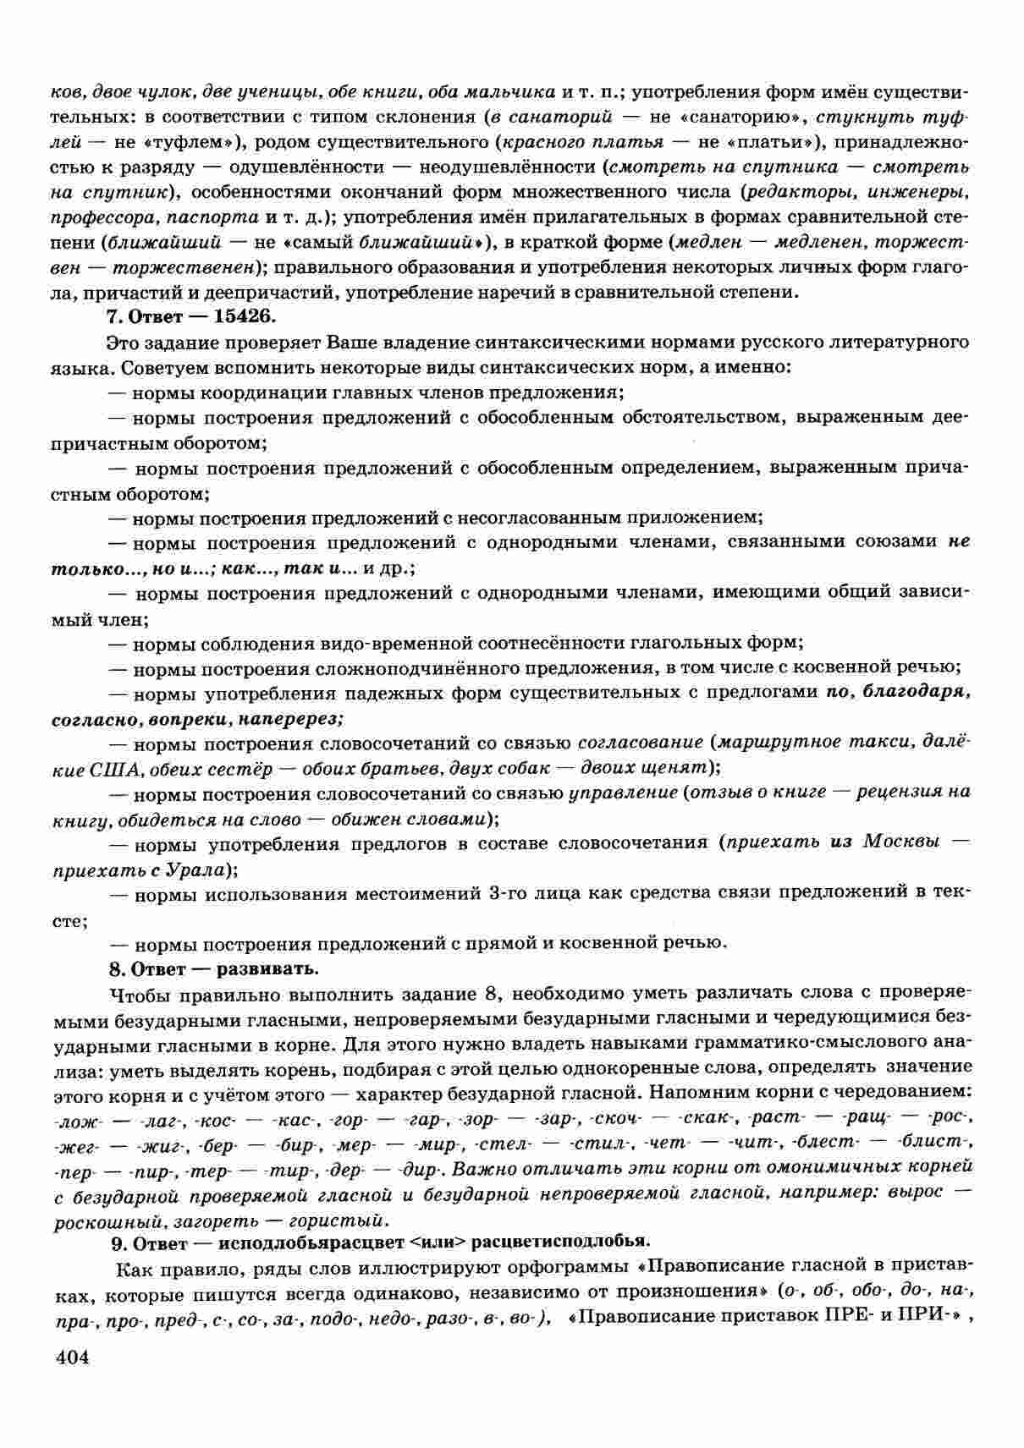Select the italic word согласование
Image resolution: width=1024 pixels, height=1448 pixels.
[x=640, y=743]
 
